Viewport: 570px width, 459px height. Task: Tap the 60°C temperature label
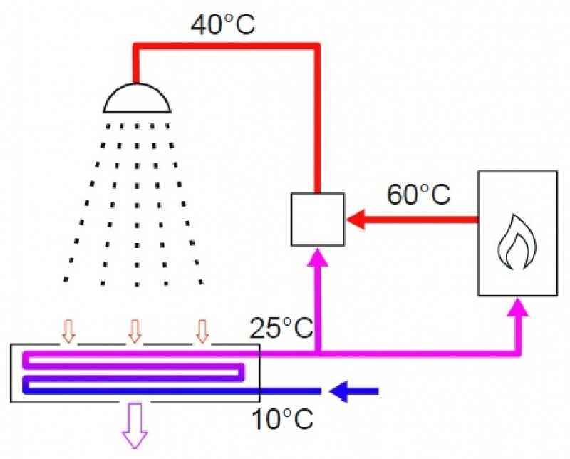[x=419, y=194]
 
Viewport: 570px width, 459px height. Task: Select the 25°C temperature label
[x=281, y=329]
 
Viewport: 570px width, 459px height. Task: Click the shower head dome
[x=138, y=99]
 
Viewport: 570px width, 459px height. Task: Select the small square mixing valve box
[x=318, y=220]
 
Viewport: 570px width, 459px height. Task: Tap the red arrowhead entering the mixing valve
[x=355, y=220]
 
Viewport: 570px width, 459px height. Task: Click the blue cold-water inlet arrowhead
[x=340, y=391]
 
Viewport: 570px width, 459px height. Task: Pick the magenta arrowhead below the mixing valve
[x=318, y=258]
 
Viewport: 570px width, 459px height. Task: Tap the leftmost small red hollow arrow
[x=68, y=331]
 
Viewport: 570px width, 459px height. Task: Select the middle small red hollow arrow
[x=135, y=331]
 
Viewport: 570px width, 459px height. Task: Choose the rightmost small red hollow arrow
[x=202, y=331]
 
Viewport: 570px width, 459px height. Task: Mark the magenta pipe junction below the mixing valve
[x=318, y=353]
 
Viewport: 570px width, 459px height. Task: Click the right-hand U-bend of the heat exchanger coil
[x=242, y=371]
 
